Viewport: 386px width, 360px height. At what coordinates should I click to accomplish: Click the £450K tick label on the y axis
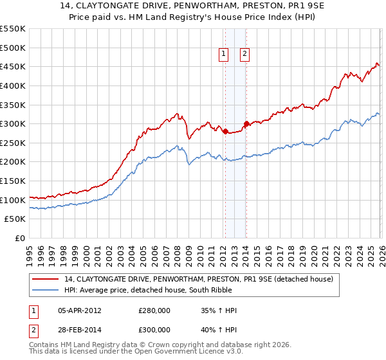[13, 66]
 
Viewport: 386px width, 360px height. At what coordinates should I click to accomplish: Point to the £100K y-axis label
[13, 200]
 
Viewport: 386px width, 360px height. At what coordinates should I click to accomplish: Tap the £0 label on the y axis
[20, 238]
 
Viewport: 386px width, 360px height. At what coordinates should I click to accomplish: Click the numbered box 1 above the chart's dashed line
[224, 55]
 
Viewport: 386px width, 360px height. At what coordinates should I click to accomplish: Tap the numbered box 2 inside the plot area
[246, 55]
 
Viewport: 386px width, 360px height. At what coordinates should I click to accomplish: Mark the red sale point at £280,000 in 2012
[225, 132]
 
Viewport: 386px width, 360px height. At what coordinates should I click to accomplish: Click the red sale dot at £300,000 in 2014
[246, 124]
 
